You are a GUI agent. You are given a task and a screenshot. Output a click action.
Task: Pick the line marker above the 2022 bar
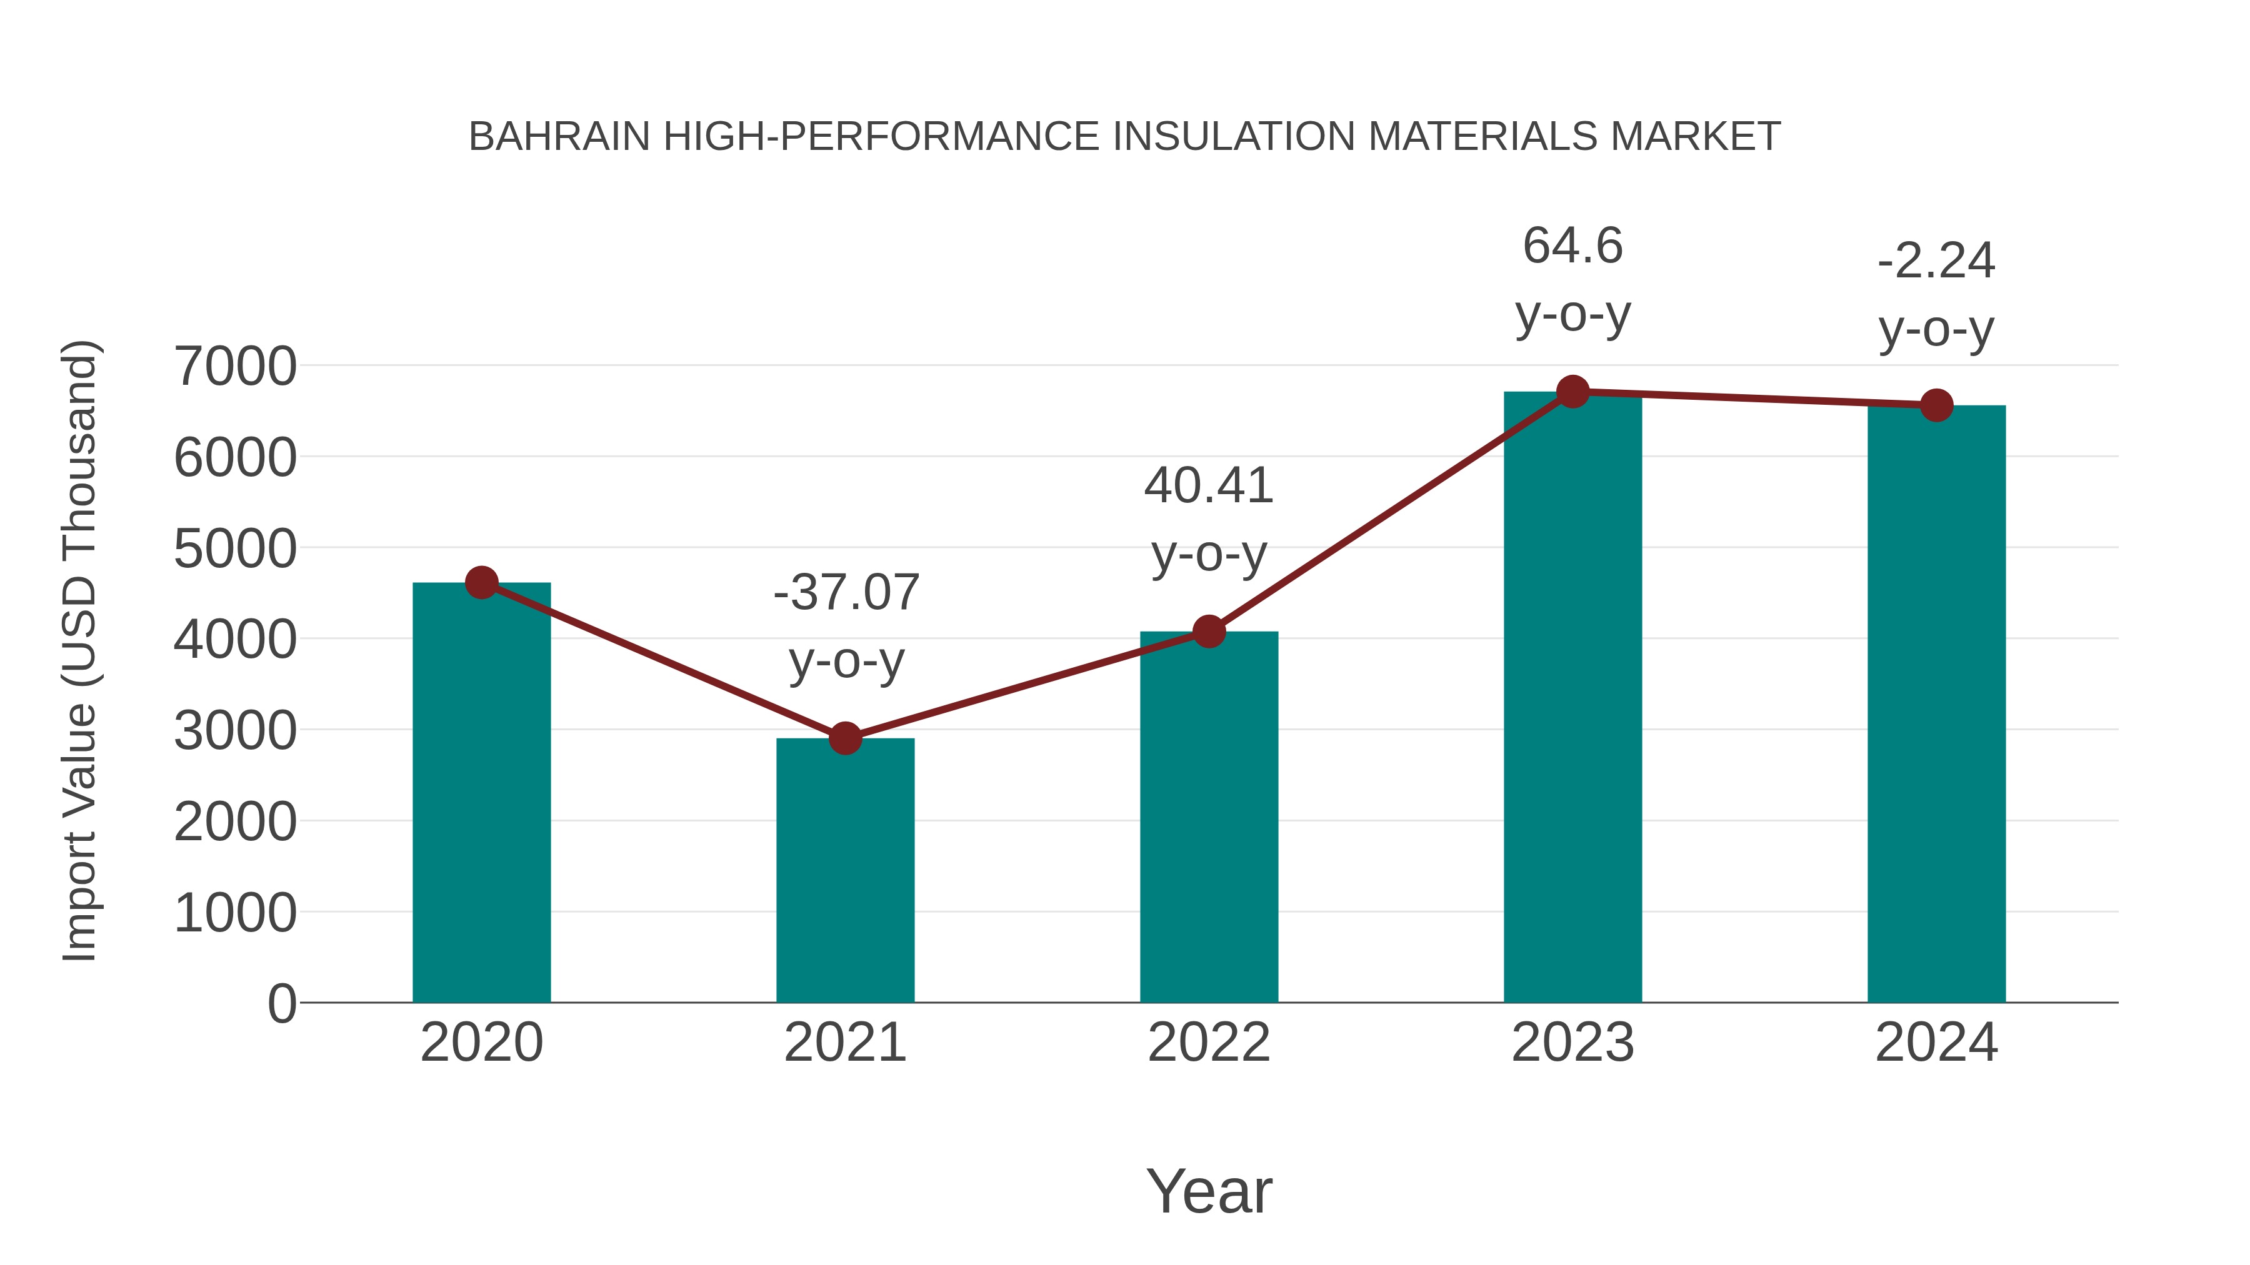[x=1209, y=631]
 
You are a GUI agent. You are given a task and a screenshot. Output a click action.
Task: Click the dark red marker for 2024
[x=1936, y=405]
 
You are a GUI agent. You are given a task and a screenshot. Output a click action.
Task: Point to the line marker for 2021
[x=844, y=738]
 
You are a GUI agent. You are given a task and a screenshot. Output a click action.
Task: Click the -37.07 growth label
[x=846, y=592]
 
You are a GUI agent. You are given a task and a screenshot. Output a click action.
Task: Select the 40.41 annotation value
[x=1209, y=485]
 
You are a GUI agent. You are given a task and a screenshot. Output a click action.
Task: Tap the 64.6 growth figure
[x=1572, y=246]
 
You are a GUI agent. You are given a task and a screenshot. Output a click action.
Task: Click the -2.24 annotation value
[x=1936, y=261]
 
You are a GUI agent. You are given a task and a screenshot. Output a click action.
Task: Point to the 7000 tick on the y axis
[x=235, y=367]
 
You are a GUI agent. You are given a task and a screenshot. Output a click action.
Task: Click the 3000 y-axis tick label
[x=235, y=732]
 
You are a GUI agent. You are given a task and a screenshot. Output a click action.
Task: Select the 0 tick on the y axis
[x=281, y=1004]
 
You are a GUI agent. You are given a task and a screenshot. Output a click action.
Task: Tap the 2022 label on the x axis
[x=1209, y=1043]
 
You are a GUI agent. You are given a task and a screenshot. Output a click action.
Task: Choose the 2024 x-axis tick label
[x=1936, y=1043]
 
